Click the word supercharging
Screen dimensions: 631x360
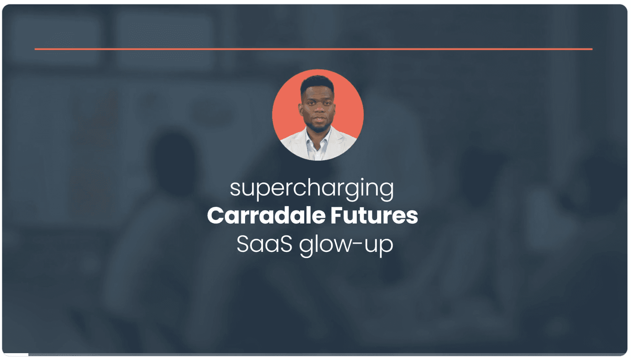pos(312,189)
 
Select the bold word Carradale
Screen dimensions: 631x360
pos(266,216)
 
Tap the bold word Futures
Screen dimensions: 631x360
pos(374,216)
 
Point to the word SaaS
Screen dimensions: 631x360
pos(264,244)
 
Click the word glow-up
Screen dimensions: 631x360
pos(346,246)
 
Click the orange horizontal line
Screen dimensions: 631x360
pos(313,49)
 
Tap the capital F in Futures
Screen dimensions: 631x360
pos(337,216)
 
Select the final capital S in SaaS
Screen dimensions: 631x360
pos(286,244)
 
